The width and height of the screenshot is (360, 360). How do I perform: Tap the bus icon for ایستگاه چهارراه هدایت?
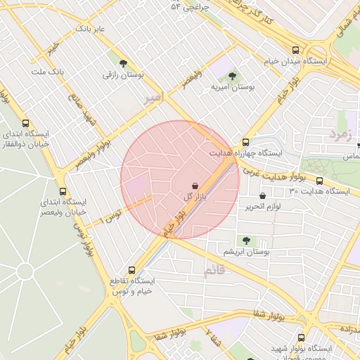(245, 141)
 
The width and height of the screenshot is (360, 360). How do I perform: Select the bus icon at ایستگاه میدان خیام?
(295, 50)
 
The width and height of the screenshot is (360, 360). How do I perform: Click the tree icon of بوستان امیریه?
(233, 75)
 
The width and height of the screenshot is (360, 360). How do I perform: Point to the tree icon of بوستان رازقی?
(124, 63)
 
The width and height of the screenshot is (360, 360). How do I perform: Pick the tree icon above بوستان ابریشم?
(246, 240)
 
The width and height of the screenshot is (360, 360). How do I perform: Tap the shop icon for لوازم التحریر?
(263, 195)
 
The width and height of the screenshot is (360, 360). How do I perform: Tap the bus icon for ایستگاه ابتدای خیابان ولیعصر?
(64, 191)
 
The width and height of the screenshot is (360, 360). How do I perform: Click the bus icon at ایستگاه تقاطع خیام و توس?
(131, 269)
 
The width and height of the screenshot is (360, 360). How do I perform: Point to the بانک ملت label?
(49, 72)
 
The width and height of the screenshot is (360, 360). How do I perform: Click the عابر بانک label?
(91, 30)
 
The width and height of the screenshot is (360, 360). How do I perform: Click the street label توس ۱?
(112, 215)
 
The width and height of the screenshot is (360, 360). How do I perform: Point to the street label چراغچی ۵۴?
(185, 6)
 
